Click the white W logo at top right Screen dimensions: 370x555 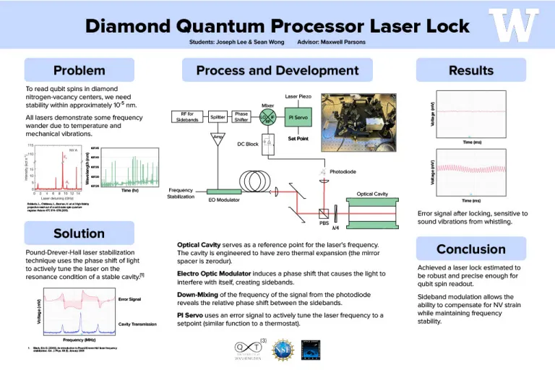[514, 26]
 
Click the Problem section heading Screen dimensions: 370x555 [79, 70]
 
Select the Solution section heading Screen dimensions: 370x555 [79, 233]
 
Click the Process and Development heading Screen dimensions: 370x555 [277, 70]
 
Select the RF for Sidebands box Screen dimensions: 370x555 [186, 117]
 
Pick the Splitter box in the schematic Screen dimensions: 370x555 [218, 117]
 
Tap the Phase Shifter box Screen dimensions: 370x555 [241, 117]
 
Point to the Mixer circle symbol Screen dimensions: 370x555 [268, 117]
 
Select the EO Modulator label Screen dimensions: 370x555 [223, 199]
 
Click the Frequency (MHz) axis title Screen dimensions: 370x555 [78, 339]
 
